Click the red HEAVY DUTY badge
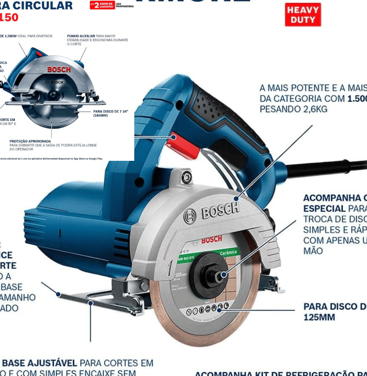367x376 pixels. click(x=303, y=14)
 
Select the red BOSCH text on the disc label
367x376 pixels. click(x=212, y=240)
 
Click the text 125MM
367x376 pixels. click(x=319, y=317)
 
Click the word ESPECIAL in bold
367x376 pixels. click(x=324, y=209)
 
